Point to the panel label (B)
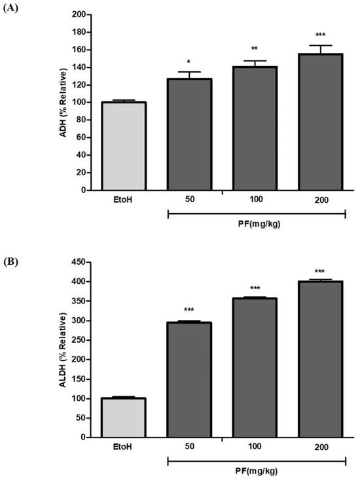[12, 262]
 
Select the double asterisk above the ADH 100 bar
[255, 50]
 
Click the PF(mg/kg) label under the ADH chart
[257, 226]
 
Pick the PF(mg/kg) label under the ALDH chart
[257, 473]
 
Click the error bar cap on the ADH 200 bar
[321, 46]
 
